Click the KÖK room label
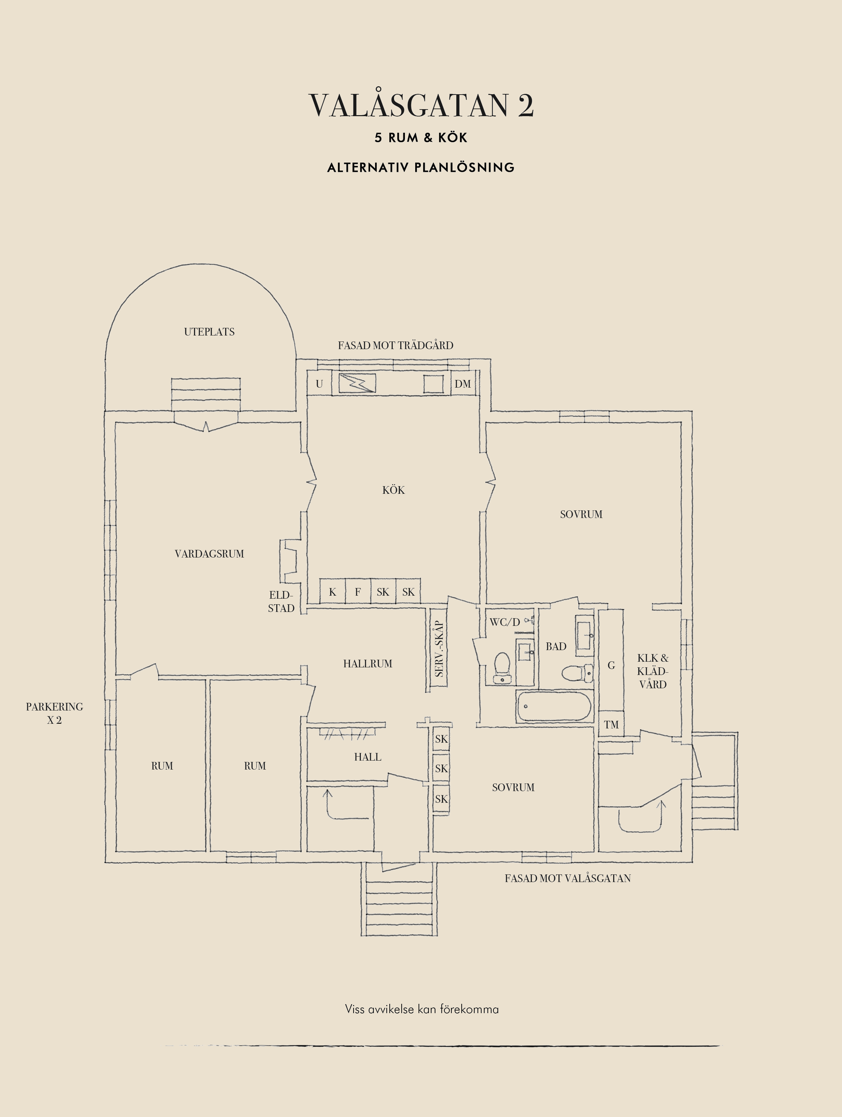[x=394, y=490]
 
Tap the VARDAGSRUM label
[x=209, y=554]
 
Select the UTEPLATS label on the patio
[x=209, y=332]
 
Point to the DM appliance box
[x=463, y=384]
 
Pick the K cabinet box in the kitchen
[x=333, y=592]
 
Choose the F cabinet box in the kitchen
[x=358, y=592]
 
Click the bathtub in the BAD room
[x=553, y=706]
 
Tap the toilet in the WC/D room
[x=502, y=668]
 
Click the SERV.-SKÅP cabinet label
[x=439, y=649]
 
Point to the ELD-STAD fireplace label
[x=281, y=601]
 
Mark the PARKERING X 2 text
[x=54, y=713]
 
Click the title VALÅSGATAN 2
[x=421, y=105]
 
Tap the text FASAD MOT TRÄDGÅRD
[x=396, y=345]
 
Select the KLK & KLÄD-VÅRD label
[x=653, y=671]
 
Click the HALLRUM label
[x=368, y=664]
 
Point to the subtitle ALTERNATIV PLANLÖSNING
[x=421, y=168]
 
